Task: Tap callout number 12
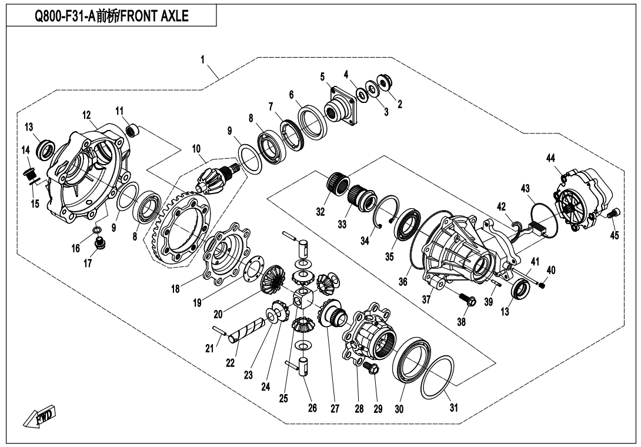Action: pos(86,114)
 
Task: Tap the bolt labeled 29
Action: pos(369,368)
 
